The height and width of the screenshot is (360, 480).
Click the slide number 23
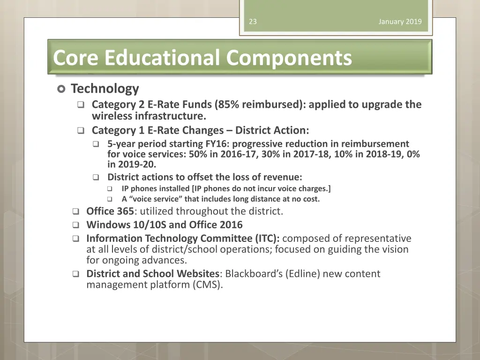pyautogui.click(x=253, y=22)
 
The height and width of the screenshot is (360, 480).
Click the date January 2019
pyautogui.click(x=400, y=22)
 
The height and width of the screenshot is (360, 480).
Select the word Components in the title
pyautogui.click(x=289, y=58)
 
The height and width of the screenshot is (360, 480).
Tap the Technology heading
pyautogui.click(x=105, y=89)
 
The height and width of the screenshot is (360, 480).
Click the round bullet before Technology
pyautogui.click(x=61, y=89)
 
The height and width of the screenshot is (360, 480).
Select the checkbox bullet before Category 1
pyautogui.click(x=81, y=131)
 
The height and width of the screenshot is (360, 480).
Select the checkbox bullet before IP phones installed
pyautogui.click(x=110, y=189)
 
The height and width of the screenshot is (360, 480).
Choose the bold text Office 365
pyautogui.click(x=110, y=211)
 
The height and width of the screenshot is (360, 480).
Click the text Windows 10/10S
pyautogui.click(x=127, y=225)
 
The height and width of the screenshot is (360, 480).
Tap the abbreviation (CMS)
pyautogui.click(x=207, y=284)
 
